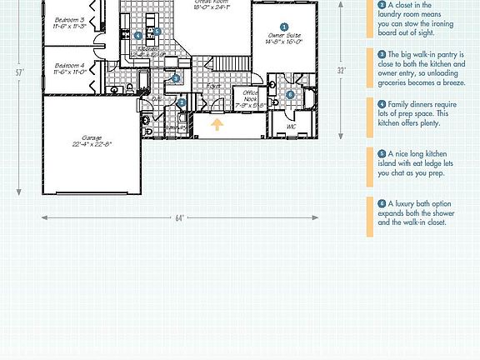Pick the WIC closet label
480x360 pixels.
coord(291,127)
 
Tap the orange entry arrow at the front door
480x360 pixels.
coord(217,126)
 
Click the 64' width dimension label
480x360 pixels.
coord(179,218)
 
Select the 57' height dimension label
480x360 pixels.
coord(19,72)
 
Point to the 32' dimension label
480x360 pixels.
coord(341,71)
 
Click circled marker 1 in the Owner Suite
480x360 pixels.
coord(284,27)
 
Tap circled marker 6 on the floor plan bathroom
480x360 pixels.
coord(290,94)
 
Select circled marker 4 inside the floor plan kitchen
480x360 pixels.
coord(137,36)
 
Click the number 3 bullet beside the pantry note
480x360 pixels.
coord(382,53)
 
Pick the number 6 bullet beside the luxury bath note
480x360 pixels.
coord(382,203)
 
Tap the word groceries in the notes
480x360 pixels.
coord(394,84)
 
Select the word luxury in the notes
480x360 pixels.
coord(403,203)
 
